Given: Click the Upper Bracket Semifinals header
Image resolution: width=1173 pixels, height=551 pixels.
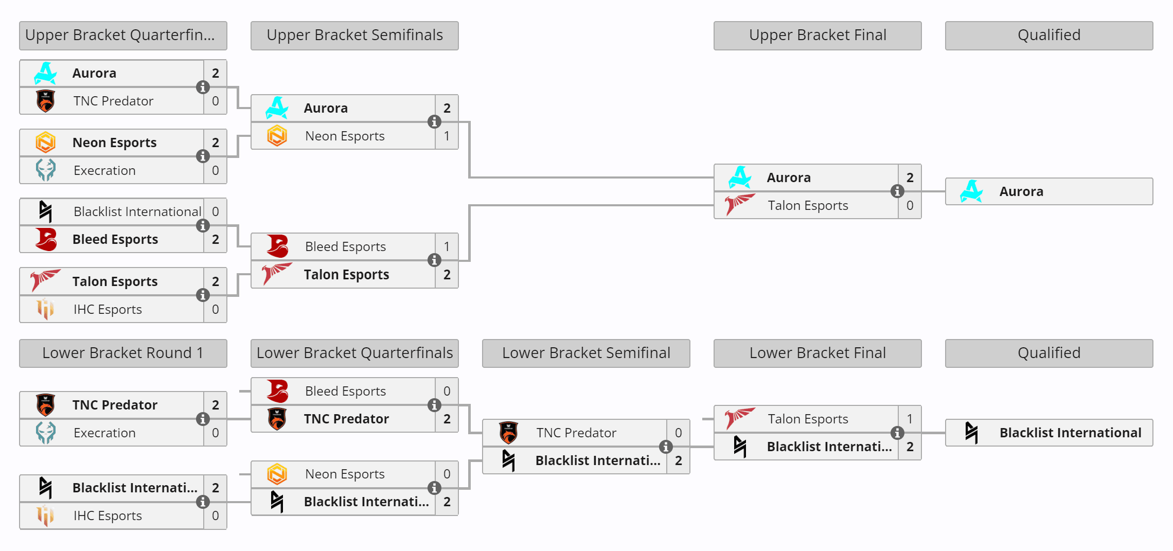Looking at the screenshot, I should pos(354,35).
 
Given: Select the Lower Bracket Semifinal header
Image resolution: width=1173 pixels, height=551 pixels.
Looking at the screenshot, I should pos(586,353).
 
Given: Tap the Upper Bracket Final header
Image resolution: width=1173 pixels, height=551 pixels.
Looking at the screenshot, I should pos(817,35).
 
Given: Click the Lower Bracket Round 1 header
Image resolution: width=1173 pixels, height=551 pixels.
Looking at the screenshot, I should pos(123,353).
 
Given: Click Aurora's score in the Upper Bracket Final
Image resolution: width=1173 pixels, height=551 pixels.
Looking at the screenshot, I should pos(910,177).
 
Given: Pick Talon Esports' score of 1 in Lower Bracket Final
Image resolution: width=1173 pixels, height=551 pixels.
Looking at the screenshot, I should pos(910,419).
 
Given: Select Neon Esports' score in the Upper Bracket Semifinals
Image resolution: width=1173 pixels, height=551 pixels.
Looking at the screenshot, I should pos(447,136).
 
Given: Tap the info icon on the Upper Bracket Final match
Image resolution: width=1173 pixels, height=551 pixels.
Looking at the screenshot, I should pos(897,191).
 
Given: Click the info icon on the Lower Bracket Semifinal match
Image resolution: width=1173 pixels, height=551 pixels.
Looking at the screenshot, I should pos(666,447).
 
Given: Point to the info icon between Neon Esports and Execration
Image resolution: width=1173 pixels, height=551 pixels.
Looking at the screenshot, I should pos(203,156).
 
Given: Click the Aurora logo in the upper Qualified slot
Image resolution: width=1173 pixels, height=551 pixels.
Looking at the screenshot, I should pos(971,191).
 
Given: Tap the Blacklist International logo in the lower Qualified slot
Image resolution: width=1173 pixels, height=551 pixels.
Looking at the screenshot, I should pos(971,433).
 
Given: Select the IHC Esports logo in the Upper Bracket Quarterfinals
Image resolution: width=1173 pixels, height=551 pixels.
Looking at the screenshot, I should pos(46,309).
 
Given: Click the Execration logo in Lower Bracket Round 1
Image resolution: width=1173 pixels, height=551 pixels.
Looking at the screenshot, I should pos(46,433).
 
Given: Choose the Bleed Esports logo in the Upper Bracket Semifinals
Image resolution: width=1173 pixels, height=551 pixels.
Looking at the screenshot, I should pos(277,246).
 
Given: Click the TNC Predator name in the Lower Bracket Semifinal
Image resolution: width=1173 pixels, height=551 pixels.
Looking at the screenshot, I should pos(576,433).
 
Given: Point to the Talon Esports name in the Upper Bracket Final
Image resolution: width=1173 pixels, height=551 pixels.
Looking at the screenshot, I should pos(808,205).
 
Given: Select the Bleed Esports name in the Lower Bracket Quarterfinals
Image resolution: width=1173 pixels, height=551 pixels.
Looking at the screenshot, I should pos(345,391).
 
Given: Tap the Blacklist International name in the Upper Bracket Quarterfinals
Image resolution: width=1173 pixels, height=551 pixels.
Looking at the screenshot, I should pos(137,211).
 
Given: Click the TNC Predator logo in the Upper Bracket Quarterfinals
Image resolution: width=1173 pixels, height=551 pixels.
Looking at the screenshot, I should pos(46,101).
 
